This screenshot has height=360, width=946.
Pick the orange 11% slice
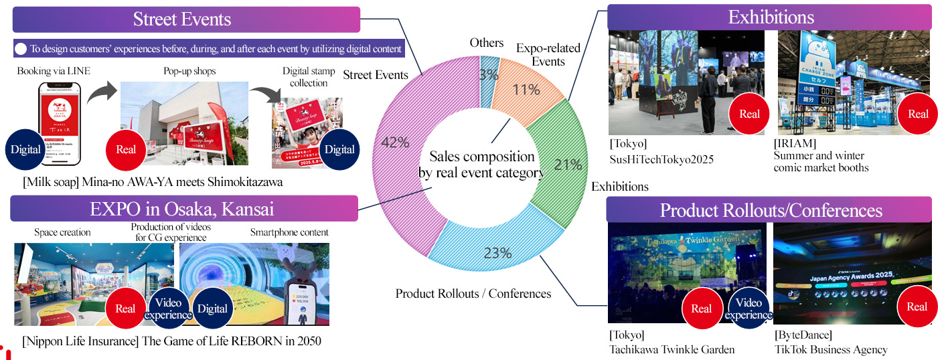[526, 87]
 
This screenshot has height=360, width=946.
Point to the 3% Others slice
[489, 74]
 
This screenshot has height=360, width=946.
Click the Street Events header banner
[186, 19]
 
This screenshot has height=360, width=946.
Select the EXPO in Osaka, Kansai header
[184, 209]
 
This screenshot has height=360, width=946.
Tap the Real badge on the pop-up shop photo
[126, 149]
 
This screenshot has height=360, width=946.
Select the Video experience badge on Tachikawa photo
[748, 308]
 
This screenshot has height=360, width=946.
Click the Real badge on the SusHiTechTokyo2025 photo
[749, 114]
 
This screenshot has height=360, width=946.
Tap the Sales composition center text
[481, 165]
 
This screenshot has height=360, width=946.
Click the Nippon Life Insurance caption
[171, 341]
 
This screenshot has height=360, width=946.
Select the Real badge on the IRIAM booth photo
[918, 114]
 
